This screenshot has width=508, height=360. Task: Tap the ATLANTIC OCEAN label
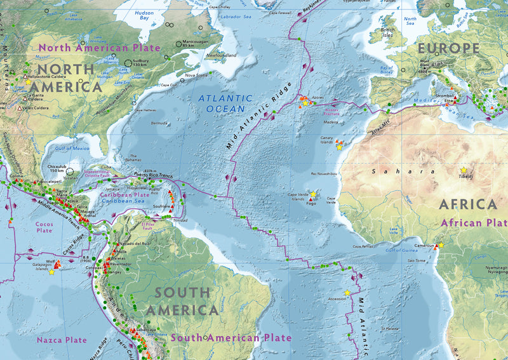click(x=221, y=103)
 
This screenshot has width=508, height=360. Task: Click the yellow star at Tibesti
click(x=464, y=170)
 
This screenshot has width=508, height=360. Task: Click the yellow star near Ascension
click(x=347, y=293)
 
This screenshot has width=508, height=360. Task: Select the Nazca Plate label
click(x=61, y=340)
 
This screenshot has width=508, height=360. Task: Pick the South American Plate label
click(x=231, y=338)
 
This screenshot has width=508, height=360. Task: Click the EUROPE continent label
click(x=448, y=48)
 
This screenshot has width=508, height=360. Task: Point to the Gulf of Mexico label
click(x=72, y=148)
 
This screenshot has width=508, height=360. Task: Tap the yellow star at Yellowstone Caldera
click(x=28, y=83)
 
